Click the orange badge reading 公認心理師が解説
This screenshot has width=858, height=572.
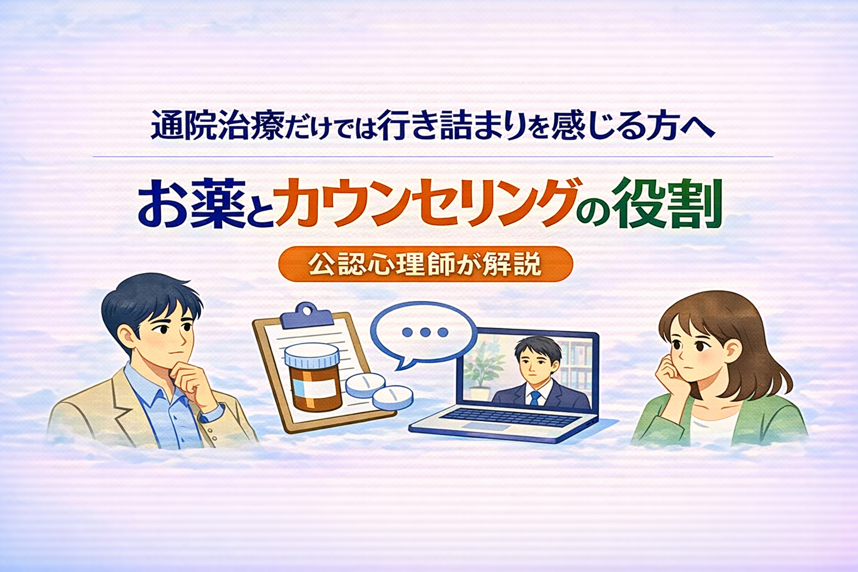coord(425,264)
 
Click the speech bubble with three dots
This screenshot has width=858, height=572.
coord(424,334)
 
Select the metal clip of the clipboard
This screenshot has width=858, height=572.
coord(299,316)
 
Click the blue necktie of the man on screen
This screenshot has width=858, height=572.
coord(535,398)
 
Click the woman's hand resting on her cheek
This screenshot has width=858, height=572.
coord(667,371)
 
